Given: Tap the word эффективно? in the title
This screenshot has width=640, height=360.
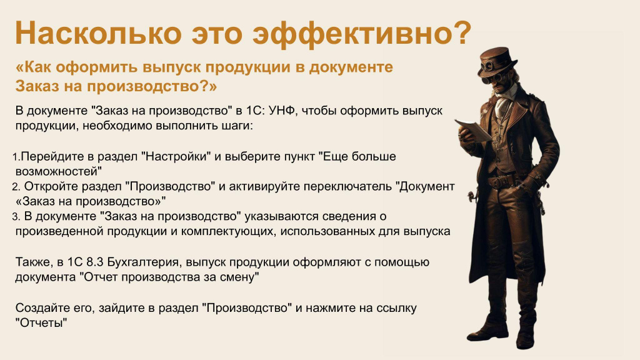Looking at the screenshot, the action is [362, 33].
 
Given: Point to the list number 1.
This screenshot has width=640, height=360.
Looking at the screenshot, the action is [16, 157].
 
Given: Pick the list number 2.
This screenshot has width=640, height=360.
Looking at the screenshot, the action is [16, 187].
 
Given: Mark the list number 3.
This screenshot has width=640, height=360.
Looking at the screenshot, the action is [16, 217].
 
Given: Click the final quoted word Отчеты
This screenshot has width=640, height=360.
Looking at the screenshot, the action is [41, 323].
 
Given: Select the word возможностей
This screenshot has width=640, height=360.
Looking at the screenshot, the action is [58, 171].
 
